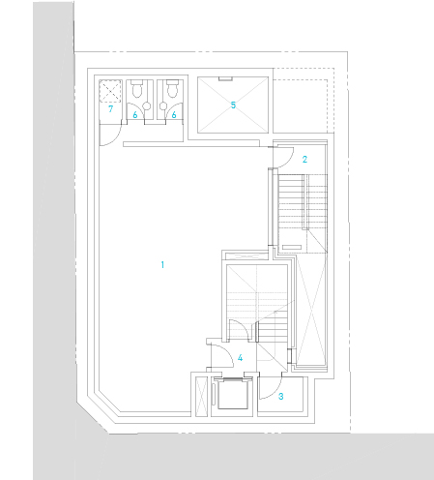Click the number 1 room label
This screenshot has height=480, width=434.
coord(162,265)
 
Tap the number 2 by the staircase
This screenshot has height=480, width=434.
coord(304,159)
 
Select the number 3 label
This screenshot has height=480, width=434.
coord(281,397)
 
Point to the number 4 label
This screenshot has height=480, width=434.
coord(240,358)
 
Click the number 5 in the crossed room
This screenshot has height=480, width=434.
coord(233,105)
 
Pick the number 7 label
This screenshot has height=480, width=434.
coord(110,108)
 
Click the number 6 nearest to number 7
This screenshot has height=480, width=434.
coord(135,114)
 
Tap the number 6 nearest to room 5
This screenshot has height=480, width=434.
coord(174,114)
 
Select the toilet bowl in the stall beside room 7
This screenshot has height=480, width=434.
coord(137,89)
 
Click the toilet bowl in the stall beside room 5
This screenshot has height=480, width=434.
coord(172,89)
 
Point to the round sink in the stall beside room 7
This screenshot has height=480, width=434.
coord(147,105)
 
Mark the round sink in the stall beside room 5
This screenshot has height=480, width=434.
coord(163,105)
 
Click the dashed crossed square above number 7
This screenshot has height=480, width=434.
coord(110,91)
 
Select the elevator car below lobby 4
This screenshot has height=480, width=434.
coord(232,395)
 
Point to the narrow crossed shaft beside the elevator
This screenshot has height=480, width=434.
coord(202,397)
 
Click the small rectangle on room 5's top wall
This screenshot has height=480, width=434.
coord(225,78)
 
